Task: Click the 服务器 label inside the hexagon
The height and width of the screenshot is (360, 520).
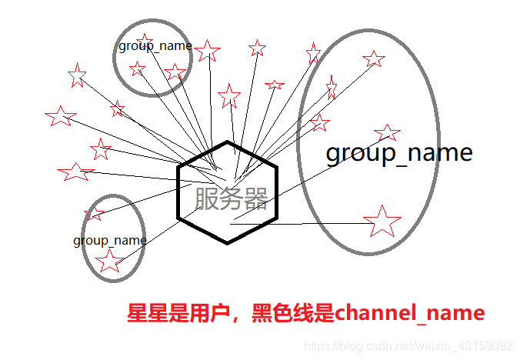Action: point(232,198)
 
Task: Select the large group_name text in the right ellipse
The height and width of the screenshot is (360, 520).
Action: point(398,153)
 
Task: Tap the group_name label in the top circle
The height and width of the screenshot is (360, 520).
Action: point(155,45)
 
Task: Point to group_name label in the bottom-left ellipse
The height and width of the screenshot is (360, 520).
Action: point(110,240)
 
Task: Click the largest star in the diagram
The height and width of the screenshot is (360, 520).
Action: point(382,222)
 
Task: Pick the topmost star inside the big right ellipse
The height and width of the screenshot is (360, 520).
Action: point(373,58)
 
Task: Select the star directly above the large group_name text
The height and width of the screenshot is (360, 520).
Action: point(387,132)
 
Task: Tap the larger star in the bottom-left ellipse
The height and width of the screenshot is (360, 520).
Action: point(109,261)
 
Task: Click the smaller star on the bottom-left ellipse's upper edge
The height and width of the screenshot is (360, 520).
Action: point(94,213)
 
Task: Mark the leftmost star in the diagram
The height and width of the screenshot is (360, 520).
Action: point(60,116)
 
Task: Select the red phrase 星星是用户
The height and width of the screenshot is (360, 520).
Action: point(177,314)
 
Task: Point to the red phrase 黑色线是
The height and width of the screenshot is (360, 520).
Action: point(292,314)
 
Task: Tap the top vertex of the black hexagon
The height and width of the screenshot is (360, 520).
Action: point(227,142)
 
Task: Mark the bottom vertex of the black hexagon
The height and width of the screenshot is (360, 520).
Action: point(227,243)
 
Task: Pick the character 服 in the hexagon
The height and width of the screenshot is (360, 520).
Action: point(207,198)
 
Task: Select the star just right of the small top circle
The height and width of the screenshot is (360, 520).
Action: point(207,51)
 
